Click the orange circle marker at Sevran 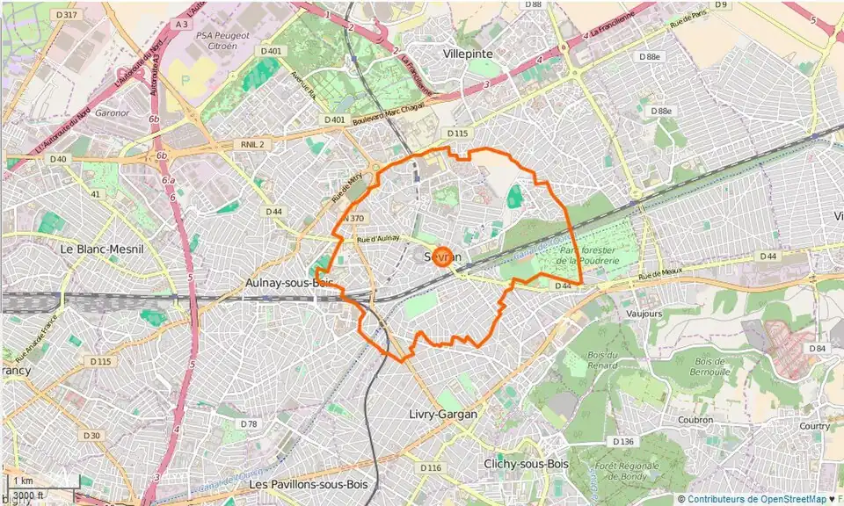pyautogui.click(x=443, y=257)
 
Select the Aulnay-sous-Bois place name pyautogui.click(x=289, y=283)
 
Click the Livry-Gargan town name pyautogui.click(x=443, y=414)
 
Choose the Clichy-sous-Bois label pyautogui.click(x=526, y=464)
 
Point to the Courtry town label pyautogui.click(x=814, y=426)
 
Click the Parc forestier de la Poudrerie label pyautogui.click(x=588, y=255)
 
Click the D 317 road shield pyautogui.click(x=65, y=15)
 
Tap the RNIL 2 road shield pyautogui.click(x=252, y=143)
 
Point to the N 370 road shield pyautogui.click(x=353, y=218)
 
